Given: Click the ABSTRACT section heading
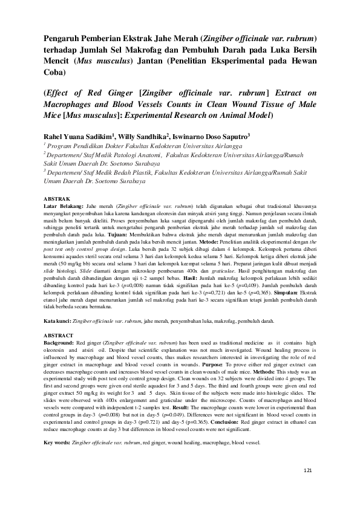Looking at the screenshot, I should pos(59,334).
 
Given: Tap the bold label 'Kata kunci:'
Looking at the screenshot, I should pos(57,322).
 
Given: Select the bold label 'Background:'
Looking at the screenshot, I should pos(60,342).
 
